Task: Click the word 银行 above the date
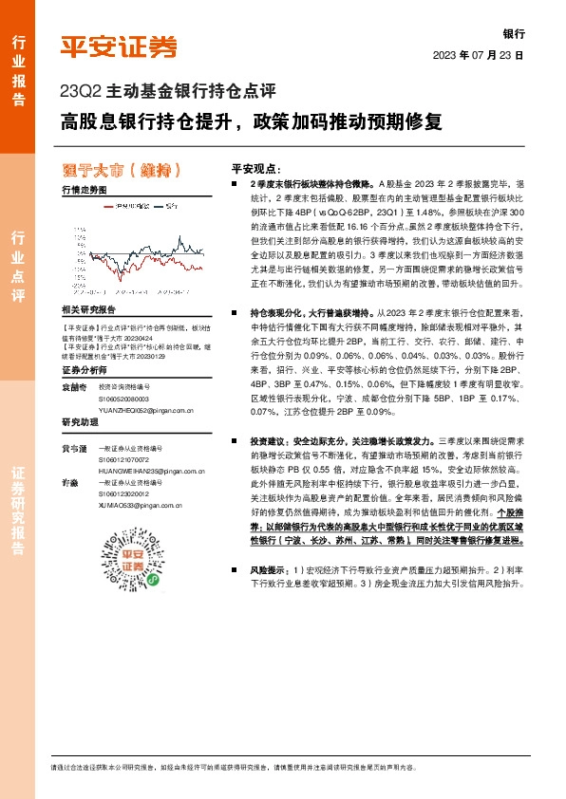tap(513, 32)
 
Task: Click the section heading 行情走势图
tap(84, 191)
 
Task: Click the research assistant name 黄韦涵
tap(73, 447)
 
